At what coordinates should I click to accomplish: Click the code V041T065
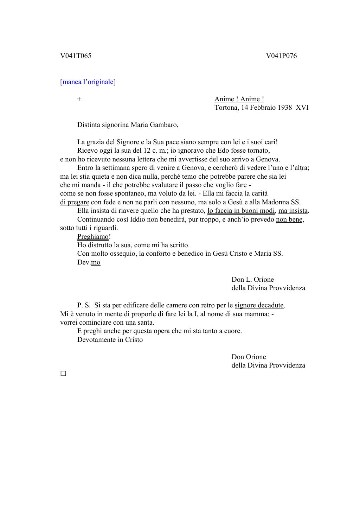[x=76, y=56]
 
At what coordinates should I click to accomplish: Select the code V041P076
[x=281, y=56]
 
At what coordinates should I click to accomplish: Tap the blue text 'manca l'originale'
[x=88, y=82]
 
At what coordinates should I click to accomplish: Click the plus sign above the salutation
[x=79, y=99]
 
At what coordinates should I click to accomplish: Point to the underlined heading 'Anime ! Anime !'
[x=239, y=99]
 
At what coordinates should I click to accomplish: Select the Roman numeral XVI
[x=302, y=108]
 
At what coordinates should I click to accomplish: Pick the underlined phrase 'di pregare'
[x=75, y=202]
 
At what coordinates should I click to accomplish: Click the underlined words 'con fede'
[x=103, y=202]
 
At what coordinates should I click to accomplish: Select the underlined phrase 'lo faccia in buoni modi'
[x=241, y=211]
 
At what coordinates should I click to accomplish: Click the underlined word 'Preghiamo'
[x=93, y=237]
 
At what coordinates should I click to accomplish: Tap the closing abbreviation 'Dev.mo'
[x=89, y=262]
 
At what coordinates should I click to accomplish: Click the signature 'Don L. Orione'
[x=252, y=280]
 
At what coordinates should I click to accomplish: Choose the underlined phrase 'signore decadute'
[x=259, y=305]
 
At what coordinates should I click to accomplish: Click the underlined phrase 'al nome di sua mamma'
[x=233, y=314]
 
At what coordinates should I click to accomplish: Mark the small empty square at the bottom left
[x=63, y=374]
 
